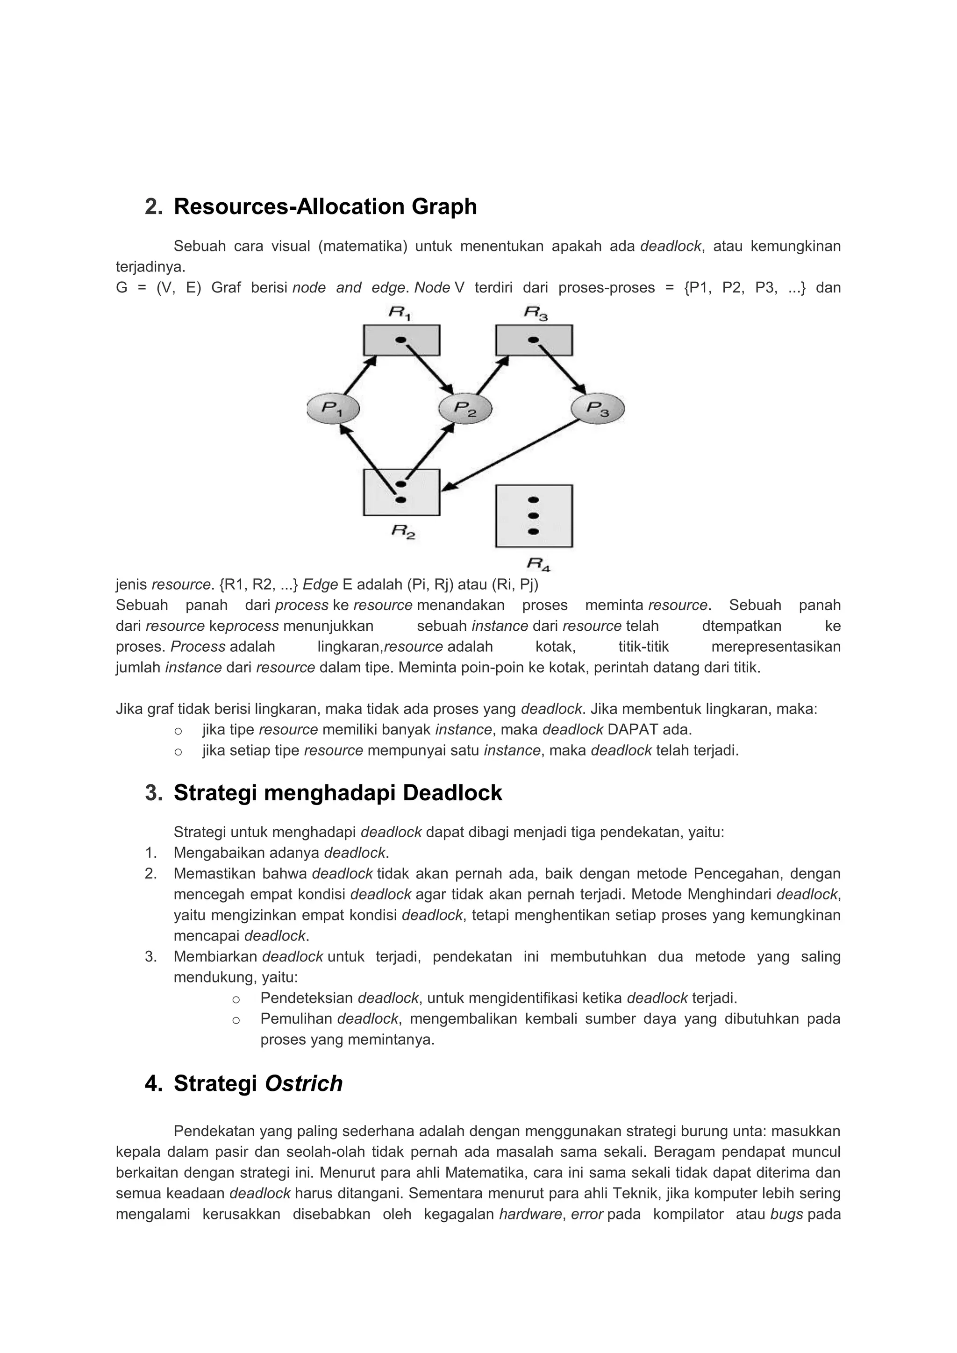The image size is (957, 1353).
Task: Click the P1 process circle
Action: pyautogui.click(x=333, y=408)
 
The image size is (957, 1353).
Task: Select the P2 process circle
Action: pyautogui.click(x=465, y=408)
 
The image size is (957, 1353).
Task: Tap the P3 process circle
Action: pyautogui.click(x=598, y=408)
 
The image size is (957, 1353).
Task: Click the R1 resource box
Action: pyautogui.click(x=401, y=340)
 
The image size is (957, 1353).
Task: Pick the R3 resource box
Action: pyautogui.click(x=534, y=340)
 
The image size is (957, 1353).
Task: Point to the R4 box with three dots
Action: pyautogui.click(x=534, y=516)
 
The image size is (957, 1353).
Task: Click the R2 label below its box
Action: pyautogui.click(x=403, y=532)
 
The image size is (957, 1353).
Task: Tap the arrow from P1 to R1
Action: pyautogui.click(x=359, y=375)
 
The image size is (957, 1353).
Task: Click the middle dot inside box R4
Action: pyautogui.click(x=534, y=516)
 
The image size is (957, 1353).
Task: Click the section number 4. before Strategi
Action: pyautogui.click(x=153, y=1084)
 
